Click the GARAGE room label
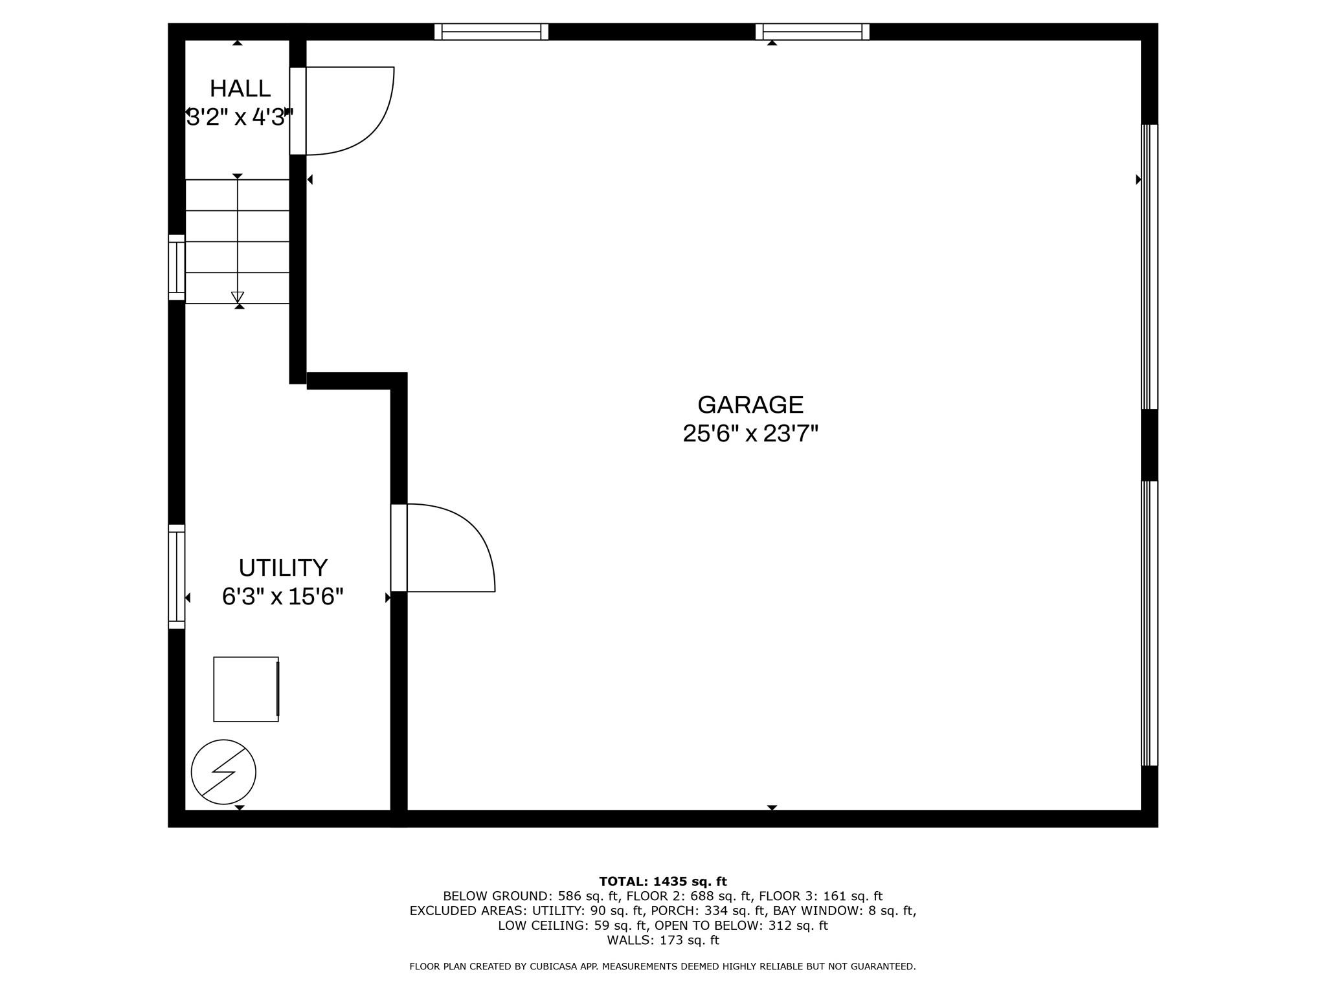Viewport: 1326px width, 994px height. click(750, 404)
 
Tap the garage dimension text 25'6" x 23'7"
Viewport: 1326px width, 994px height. click(750, 434)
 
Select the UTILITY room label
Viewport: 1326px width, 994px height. click(283, 568)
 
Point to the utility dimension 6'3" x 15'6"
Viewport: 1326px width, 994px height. click(283, 597)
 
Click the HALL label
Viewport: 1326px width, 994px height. click(240, 88)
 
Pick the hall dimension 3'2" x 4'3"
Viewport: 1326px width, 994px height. click(240, 118)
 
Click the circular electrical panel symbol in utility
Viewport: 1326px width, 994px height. click(223, 772)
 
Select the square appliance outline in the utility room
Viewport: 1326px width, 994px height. click(246, 689)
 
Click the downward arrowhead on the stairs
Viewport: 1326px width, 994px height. click(238, 297)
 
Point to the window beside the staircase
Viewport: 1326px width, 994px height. click(176, 267)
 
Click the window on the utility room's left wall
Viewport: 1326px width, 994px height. click(176, 577)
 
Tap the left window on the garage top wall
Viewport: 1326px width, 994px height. click(491, 32)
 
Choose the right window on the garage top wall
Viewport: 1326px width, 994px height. click(813, 32)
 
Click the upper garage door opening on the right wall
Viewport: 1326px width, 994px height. click(1149, 267)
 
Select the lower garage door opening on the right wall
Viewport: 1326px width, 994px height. click(1149, 623)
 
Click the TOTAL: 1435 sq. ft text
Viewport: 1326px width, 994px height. click(663, 881)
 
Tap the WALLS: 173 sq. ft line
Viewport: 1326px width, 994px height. click(663, 940)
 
